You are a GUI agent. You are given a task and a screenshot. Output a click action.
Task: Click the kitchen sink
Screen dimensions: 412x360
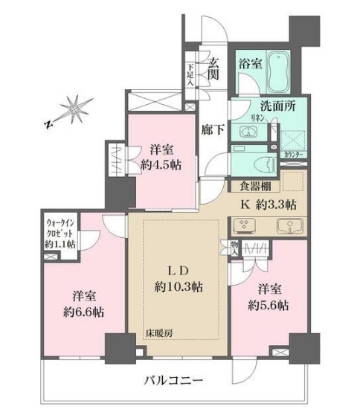tap(286, 225)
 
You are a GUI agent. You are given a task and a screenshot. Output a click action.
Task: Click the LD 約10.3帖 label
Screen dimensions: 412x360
tap(177, 277)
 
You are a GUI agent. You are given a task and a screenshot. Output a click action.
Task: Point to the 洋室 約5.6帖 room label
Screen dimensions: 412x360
tap(268, 297)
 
